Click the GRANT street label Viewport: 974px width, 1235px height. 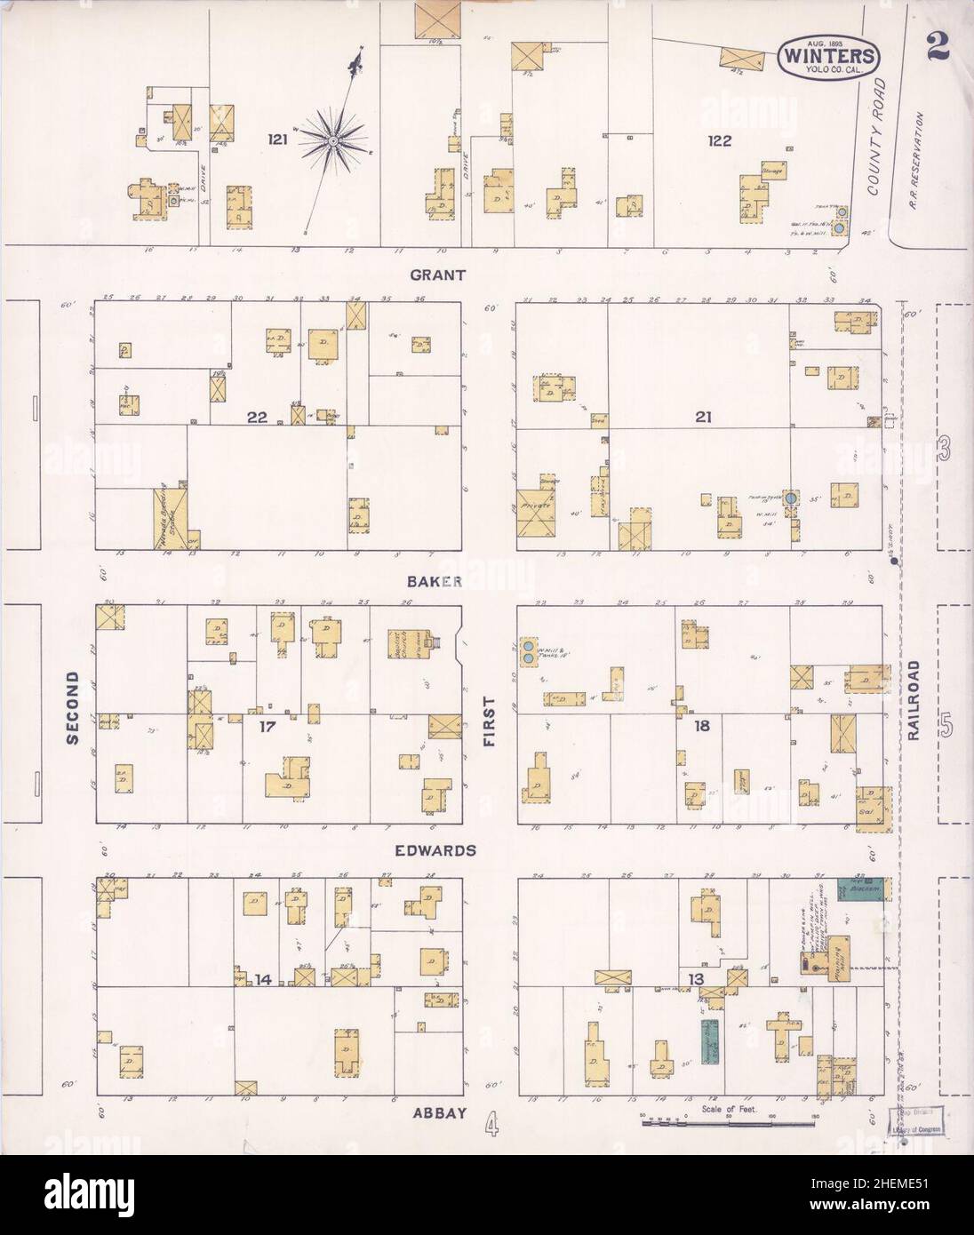(437, 275)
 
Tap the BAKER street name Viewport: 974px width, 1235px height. (435, 582)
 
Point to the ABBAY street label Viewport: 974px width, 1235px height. (438, 1111)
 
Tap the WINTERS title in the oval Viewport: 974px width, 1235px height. (829, 57)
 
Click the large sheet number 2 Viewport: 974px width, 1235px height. (938, 47)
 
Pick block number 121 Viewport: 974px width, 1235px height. (278, 139)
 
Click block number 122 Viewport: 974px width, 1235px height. (719, 139)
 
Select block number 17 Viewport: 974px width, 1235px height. (264, 726)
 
